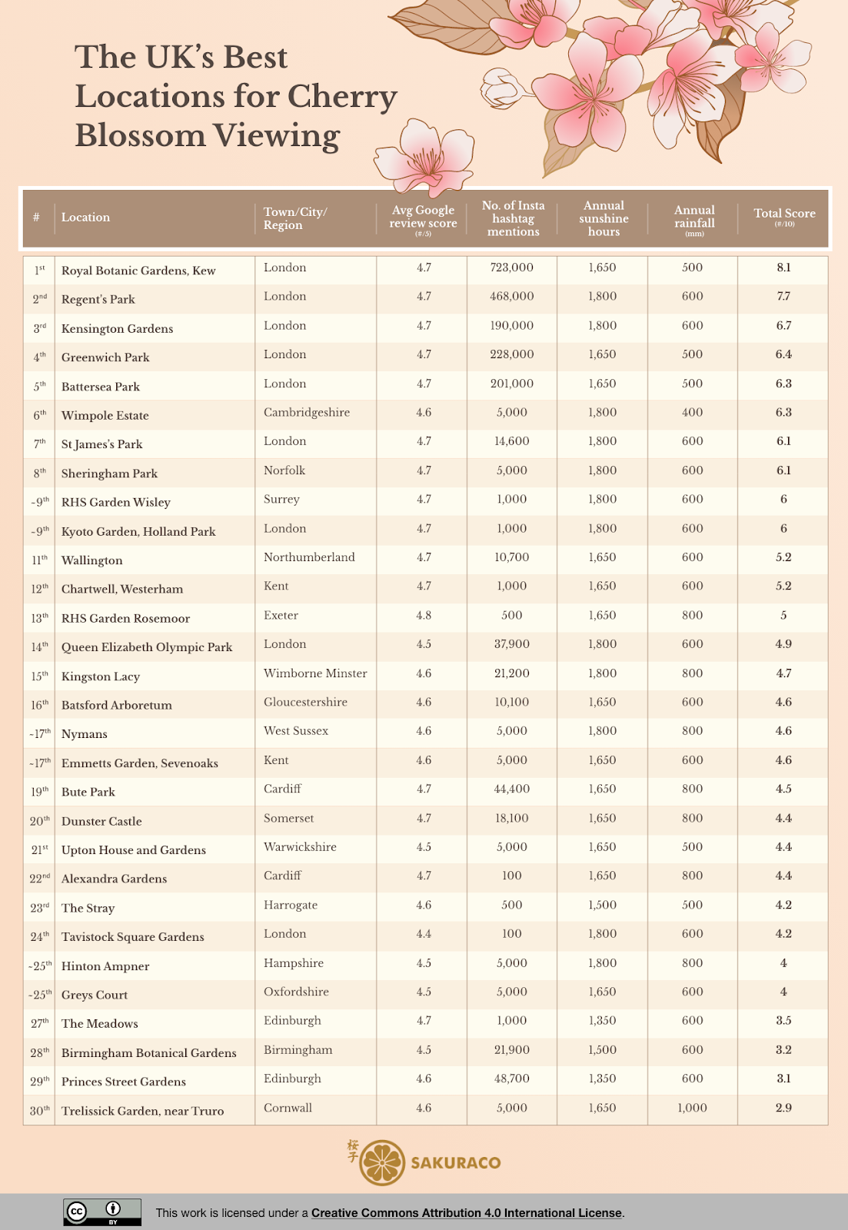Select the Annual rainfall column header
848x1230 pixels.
[694, 218]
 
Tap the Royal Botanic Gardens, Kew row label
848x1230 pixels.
[138, 271]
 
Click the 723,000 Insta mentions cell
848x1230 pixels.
[511, 268]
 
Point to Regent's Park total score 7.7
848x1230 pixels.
[783, 297]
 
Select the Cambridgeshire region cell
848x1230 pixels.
[306, 412]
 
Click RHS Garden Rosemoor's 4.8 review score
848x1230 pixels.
[424, 615]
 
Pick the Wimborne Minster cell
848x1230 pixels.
[315, 673]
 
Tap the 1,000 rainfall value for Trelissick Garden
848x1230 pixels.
[692, 1108]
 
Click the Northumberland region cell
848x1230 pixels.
[309, 557]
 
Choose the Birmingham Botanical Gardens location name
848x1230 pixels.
[149, 1053]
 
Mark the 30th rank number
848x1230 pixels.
[39, 1111]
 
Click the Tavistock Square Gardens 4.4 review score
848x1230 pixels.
[424, 934]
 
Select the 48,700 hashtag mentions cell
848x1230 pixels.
[511, 1079]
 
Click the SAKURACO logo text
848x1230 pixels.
[455, 1163]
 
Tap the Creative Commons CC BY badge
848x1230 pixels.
[102, 1212]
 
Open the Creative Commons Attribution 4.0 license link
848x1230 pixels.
[466, 1213]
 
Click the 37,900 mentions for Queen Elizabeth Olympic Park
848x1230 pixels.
[511, 644]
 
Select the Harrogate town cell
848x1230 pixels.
[290, 905]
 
